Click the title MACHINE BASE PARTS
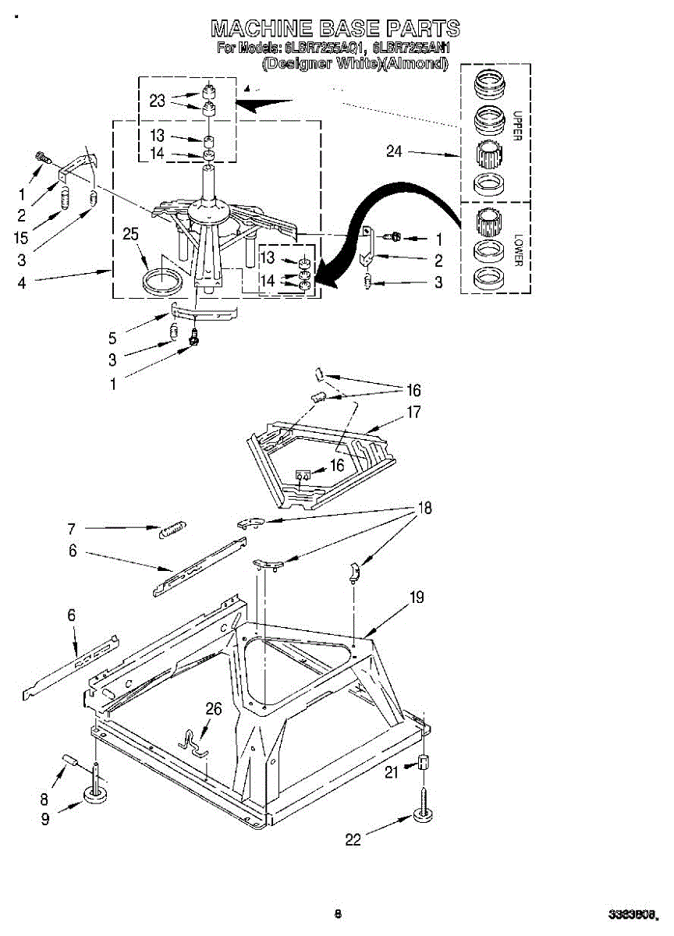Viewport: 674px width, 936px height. coord(335,30)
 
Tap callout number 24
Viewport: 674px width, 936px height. coord(395,151)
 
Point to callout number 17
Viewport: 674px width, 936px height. coord(413,412)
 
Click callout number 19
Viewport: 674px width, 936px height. coord(417,597)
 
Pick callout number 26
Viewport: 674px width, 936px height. coord(213,708)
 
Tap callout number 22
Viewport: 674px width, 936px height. coord(353,839)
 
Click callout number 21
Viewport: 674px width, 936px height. coord(392,771)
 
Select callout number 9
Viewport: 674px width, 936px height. coord(46,818)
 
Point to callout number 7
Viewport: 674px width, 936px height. coord(71,529)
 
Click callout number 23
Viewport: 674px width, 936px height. coord(158,99)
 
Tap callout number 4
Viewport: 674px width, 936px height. coord(22,283)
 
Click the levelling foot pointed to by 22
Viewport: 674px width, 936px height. coord(424,816)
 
